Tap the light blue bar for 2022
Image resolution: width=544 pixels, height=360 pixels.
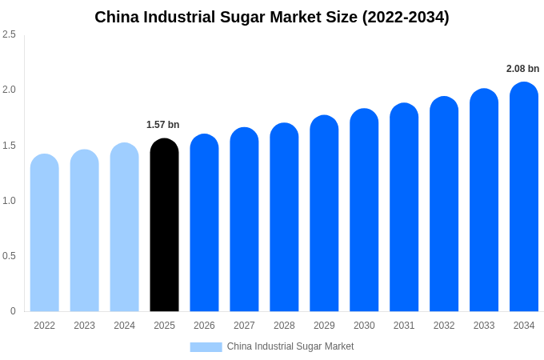45,233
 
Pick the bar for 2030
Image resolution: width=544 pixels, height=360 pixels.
364,210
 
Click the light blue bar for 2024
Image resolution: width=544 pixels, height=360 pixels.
124,227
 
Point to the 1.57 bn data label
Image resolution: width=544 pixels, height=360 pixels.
163,125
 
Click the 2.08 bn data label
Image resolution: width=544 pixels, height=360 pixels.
522,69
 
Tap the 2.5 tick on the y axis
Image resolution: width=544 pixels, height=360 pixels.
9,34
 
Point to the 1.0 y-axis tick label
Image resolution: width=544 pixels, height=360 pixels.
9,201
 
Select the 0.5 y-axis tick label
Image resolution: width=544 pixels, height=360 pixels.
9,256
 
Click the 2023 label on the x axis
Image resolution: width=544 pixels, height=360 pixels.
84,326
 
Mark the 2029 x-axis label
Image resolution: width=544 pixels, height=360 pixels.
324,326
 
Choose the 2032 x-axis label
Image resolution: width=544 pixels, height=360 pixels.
444,326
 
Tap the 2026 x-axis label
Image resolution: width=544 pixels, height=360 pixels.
204,326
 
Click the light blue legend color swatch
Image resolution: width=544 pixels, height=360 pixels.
206,347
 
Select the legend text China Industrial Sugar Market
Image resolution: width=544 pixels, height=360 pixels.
290,346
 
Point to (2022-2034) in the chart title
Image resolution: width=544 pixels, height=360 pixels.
406,17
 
